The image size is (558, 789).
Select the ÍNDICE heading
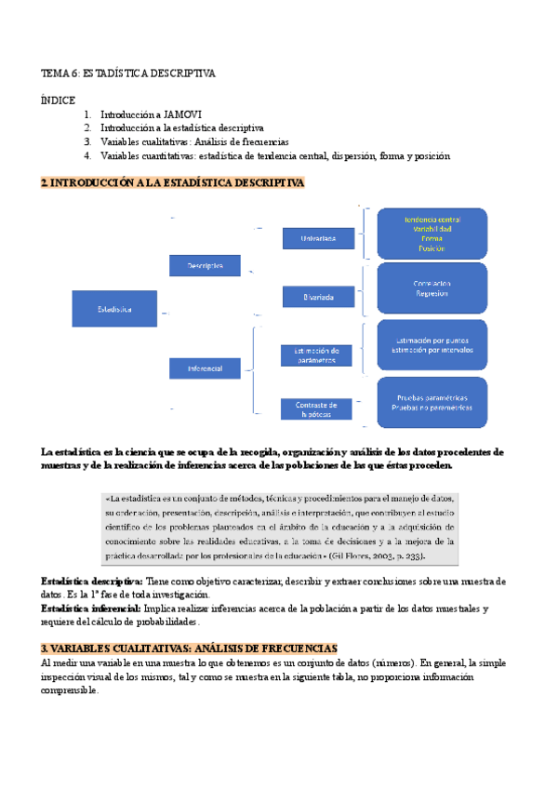(58, 100)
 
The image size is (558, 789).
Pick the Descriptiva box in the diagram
(205, 265)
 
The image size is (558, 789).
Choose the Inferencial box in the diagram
(205, 368)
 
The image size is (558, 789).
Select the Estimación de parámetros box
(322, 354)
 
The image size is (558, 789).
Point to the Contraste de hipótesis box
(322, 409)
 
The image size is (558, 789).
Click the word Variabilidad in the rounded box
(432, 228)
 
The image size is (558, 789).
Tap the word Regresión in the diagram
(432, 293)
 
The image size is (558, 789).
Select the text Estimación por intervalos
(432, 351)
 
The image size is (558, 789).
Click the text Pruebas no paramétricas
(432, 408)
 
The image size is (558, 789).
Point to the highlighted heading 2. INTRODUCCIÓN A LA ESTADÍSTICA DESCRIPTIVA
(173, 183)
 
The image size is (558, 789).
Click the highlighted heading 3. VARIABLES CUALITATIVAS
(189, 648)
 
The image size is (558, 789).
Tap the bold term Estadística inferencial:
(89, 608)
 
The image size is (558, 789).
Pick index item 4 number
(86, 155)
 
